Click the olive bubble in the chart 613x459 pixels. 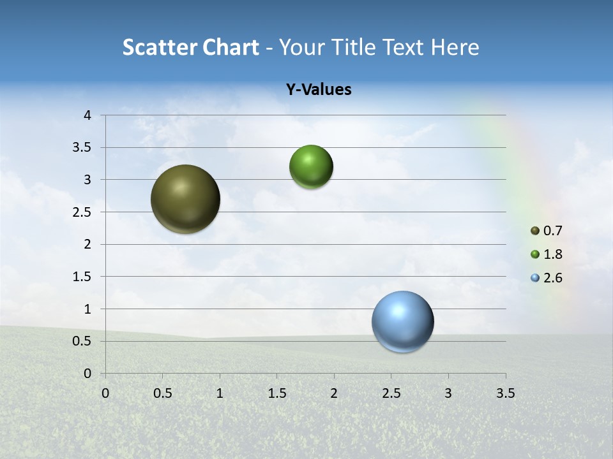click(x=186, y=199)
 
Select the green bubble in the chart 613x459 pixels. click(x=311, y=167)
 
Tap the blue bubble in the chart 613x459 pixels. click(x=402, y=322)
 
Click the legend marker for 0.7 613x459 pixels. click(x=535, y=231)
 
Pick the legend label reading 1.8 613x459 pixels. click(x=553, y=254)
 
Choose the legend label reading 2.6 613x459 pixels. click(x=553, y=278)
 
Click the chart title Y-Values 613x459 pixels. click(x=319, y=90)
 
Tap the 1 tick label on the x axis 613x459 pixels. click(x=220, y=393)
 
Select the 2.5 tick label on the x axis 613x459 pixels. click(x=391, y=393)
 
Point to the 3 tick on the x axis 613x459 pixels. click(x=448, y=393)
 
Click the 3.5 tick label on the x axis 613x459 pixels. click(x=505, y=393)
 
